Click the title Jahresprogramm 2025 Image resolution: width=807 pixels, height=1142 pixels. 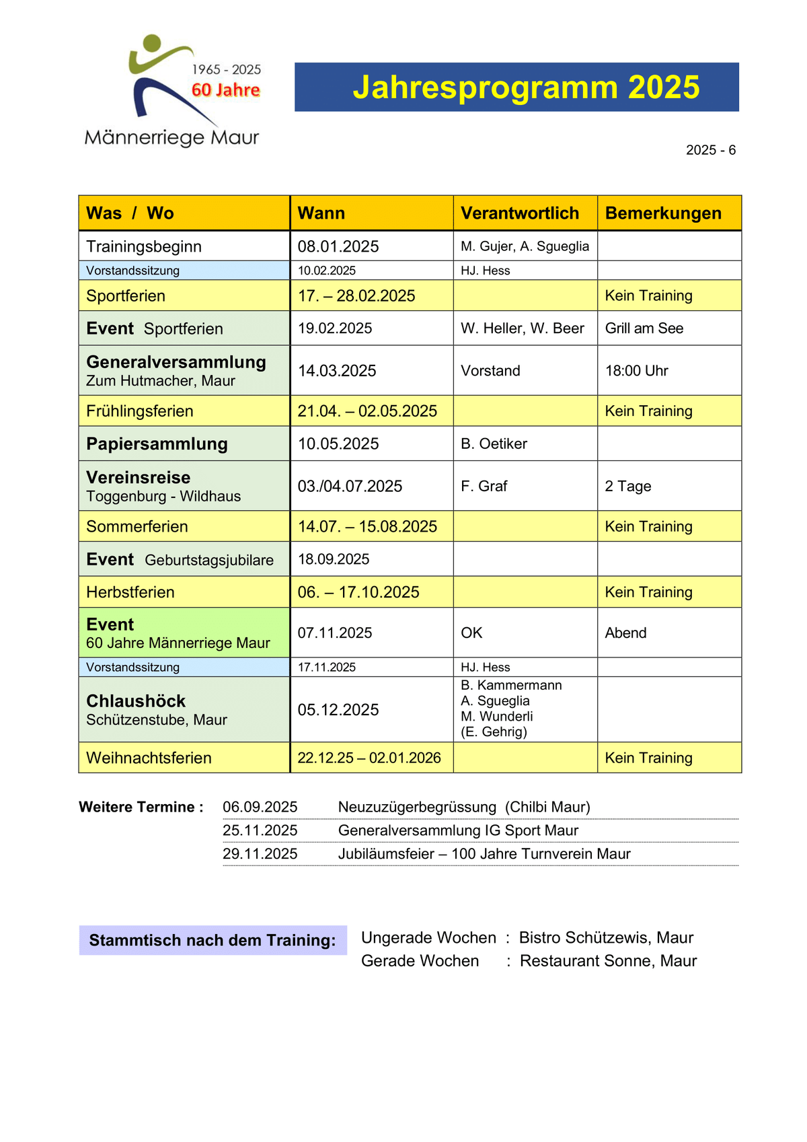point(526,87)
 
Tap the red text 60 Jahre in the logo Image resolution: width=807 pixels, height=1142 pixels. point(226,90)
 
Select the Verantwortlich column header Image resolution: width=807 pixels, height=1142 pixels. point(520,213)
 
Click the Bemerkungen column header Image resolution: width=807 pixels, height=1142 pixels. point(663,213)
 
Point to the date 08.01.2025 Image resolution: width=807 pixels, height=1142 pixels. point(338,246)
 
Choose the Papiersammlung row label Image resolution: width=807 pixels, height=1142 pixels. point(157,444)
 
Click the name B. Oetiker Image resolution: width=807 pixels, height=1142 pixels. point(494,444)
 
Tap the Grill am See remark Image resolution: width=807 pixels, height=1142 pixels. point(644,328)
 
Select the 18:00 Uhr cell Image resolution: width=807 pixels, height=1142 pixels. point(636,371)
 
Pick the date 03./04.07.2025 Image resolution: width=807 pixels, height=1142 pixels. point(350,486)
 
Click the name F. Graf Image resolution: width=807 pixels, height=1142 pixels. point(484,486)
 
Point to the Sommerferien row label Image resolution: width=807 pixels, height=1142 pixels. point(137,526)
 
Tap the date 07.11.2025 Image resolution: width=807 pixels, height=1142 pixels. point(335,633)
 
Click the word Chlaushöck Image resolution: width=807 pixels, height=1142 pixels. point(136,701)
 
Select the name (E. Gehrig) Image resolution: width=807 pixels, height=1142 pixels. point(494,732)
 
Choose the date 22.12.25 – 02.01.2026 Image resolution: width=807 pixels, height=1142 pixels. point(369,758)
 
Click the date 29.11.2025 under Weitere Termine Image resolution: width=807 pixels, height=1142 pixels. point(260,854)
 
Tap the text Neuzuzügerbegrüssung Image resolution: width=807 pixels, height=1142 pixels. point(417,807)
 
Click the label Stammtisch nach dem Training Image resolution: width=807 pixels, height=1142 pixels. point(212,940)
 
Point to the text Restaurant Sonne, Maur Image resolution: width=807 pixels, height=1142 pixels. point(608,961)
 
